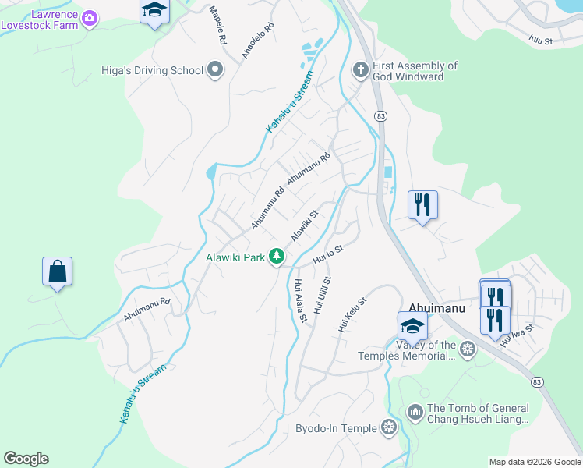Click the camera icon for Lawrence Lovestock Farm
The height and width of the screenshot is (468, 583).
tap(90, 17)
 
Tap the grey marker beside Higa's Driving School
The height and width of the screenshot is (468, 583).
tap(216, 71)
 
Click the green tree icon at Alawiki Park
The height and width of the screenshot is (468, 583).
tap(276, 257)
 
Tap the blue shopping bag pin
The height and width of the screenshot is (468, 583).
tap(58, 272)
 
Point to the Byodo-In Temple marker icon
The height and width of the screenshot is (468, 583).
tap(389, 427)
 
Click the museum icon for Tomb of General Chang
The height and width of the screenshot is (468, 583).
tap(415, 411)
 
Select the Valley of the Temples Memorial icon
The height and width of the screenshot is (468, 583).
tap(468, 348)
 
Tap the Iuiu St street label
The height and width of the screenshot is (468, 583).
tap(540, 39)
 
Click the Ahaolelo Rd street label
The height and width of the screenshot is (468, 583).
tap(258, 41)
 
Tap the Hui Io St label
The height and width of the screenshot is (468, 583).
tap(328, 253)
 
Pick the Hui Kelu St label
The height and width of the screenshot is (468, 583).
tap(352, 313)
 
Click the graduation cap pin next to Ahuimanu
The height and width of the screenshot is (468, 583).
tap(412, 325)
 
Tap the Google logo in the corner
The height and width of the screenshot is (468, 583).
tap(26, 459)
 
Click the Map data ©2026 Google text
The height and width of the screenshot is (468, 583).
tap(535, 462)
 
